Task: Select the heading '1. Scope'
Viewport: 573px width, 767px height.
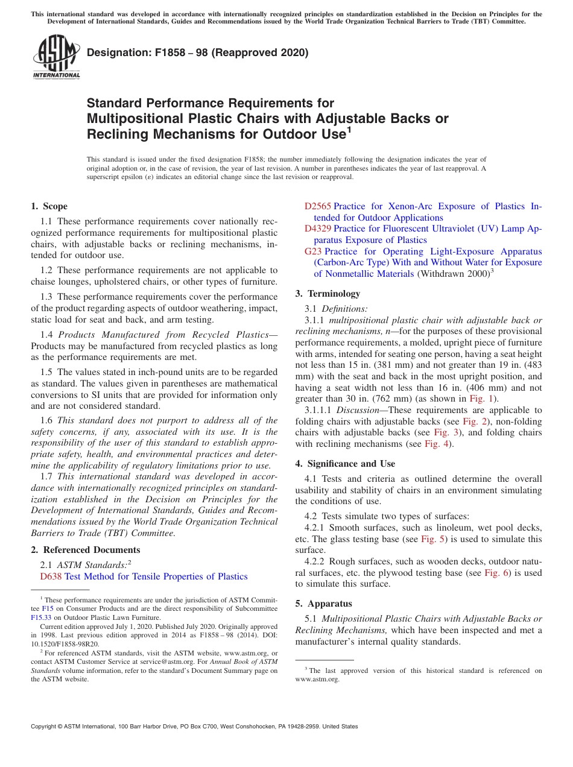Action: pos(49,206)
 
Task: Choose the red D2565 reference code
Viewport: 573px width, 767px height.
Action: pos(317,206)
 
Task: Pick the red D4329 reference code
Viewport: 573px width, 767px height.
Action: pos(317,229)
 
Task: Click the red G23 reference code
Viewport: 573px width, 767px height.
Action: pos(314,251)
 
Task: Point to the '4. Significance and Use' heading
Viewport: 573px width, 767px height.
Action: pos(345,464)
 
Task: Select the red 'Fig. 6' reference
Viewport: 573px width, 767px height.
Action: pos(496,573)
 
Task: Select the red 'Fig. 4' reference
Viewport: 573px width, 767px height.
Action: pos(437,444)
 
